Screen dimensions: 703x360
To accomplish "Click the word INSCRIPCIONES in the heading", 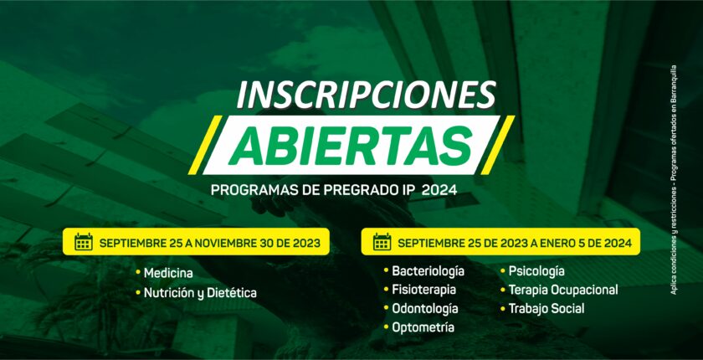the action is point(366,95).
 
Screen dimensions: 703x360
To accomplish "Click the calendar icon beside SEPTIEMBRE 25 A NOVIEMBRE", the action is point(84,242).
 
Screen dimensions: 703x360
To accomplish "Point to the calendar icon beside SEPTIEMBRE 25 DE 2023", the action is point(382,242).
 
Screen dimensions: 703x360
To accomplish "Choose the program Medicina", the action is point(168,273).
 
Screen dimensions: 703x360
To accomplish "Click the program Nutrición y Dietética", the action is point(200,293).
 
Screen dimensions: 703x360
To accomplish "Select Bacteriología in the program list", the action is point(428,271).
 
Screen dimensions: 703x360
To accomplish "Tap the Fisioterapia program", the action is point(423,290).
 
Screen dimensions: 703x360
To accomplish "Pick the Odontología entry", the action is point(425,309).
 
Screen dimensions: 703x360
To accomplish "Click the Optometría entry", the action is point(423,327).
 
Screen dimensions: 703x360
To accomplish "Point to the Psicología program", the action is point(536,271).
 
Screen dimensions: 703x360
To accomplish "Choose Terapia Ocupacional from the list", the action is point(563,290).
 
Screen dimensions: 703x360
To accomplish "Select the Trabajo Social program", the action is point(546,309).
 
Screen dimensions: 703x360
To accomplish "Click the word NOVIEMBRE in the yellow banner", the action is point(223,244).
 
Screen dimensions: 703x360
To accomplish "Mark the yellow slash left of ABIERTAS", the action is point(205,145).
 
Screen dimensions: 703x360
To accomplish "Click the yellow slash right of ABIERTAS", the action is point(497,145).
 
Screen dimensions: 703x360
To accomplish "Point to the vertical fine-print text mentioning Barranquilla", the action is point(674,180).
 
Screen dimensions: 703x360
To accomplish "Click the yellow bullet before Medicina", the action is point(138,273).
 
